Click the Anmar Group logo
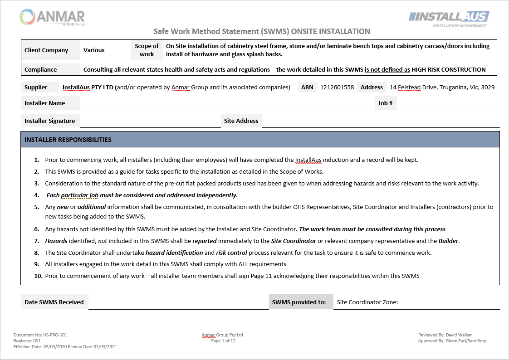pos(52,18)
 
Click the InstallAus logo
pos(448,18)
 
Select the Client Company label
pos(46,50)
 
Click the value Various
pos(94,50)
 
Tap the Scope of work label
pos(147,50)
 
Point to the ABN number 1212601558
pos(337,88)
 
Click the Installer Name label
pos(44,103)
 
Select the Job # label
pos(385,103)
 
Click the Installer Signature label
pos(49,121)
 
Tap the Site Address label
pos(241,121)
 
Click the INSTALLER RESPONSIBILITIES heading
pos(68,140)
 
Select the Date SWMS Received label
pos(54,302)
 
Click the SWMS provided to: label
pos(299,302)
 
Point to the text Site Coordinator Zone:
pos(367,302)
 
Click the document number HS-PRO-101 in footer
pos(56,335)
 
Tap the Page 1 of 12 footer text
pos(223,341)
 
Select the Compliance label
pos(41,70)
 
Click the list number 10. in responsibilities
pos(38,276)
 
